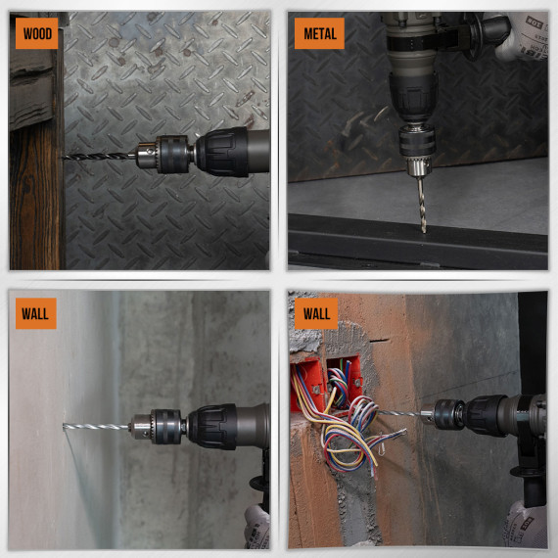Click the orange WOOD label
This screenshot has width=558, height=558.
[x=36, y=33]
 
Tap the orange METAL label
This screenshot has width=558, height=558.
[x=319, y=33]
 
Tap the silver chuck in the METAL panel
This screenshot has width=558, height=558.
[x=420, y=149]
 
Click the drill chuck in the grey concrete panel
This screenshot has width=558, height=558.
[x=156, y=426]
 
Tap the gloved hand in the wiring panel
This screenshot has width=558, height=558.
[x=521, y=529]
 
